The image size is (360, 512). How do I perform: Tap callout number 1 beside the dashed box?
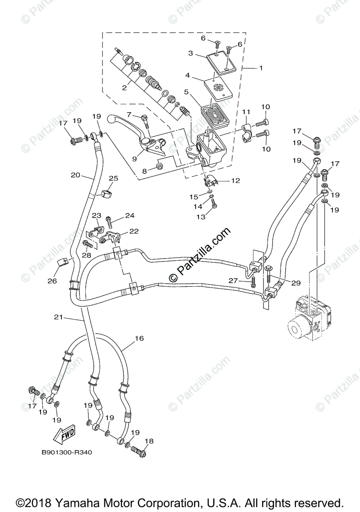point(261,68)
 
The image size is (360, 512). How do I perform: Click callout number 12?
point(235,180)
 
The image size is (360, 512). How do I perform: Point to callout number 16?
point(139,338)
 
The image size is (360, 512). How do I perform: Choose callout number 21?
point(58,317)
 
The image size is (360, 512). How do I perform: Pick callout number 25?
point(113,178)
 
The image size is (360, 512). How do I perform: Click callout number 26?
point(52,281)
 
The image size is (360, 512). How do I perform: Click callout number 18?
point(149,441)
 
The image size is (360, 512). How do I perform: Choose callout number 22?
point(134,231)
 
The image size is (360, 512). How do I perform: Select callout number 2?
point(124,88)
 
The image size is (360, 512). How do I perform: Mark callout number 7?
point(128,114)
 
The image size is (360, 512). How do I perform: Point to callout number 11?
point(246,112)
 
